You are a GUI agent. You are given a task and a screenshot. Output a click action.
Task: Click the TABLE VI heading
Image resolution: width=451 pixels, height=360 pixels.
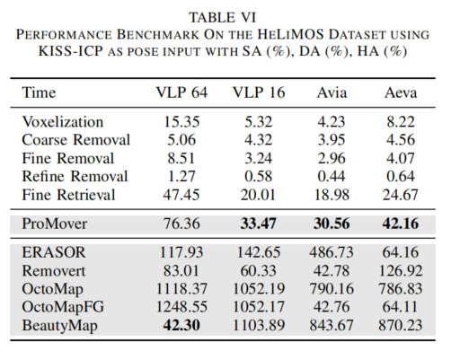(x=223, y=17)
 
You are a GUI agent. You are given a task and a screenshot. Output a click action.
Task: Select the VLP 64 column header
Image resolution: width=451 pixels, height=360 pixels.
(x=181, y=92)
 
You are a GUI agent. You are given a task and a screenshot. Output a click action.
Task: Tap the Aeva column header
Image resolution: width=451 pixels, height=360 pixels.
(x=401, y=92)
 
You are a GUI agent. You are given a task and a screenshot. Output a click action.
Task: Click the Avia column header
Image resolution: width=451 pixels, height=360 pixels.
(x=332, y=92)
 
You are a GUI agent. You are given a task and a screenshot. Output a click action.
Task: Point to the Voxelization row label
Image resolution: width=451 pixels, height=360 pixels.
(x=63, y=122)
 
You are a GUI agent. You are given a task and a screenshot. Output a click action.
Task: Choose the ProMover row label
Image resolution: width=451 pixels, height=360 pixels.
(x=55, y=224)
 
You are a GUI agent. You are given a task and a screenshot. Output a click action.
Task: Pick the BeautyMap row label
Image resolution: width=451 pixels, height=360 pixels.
(x=59, y=326)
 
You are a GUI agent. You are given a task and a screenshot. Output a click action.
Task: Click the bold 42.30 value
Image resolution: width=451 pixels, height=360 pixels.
(x=181, y=325)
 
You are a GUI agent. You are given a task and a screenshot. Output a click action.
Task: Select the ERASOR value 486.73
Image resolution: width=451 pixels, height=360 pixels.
(x=332, y=252)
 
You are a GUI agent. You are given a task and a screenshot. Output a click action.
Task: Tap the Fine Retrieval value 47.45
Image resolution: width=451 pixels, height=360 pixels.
(x=181, y=195)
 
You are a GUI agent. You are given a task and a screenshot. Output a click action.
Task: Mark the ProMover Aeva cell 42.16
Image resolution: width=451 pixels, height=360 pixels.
(x=401, y=224)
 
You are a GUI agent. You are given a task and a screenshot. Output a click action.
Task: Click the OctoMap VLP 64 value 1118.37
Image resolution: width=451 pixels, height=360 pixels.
(x=181, y=289)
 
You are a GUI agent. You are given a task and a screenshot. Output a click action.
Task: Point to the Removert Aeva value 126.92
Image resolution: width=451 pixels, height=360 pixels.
(x=401, y=271)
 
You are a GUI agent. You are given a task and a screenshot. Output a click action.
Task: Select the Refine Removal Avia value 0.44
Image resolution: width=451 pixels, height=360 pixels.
(x=332, y=176)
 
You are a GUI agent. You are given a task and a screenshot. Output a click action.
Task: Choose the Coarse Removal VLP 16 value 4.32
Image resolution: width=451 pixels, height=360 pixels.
(x=259, y=140)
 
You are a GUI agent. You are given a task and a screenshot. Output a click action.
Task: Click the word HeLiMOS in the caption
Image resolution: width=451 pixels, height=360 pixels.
(x=291, y=34)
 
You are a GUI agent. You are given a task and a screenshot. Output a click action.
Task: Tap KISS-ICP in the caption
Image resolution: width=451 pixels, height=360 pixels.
(x=71, y=51)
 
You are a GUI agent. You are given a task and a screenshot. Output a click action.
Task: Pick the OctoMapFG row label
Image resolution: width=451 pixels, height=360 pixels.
(x=63, y=307)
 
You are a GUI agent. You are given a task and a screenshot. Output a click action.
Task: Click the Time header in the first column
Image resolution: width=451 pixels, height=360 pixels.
(x=39, y=92)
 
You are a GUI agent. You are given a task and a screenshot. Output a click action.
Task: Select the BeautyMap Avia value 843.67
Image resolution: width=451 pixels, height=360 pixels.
(x=332, y=325)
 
